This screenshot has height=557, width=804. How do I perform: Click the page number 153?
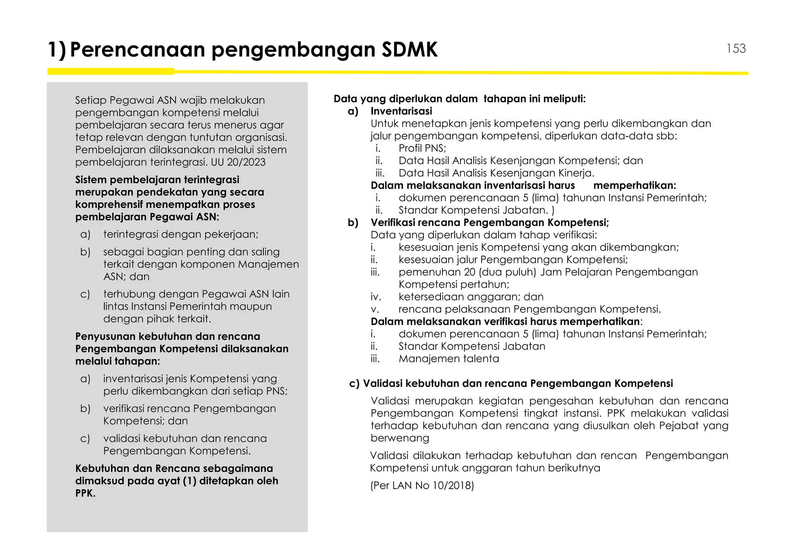coord(736,48)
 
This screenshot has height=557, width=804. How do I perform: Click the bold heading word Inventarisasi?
coord(401,111)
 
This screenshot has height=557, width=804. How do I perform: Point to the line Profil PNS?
coord(422,148)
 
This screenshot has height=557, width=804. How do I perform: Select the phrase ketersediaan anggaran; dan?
coord(471,297)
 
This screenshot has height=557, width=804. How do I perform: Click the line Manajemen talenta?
coord(449,359)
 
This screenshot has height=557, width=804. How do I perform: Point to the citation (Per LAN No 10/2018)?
coord(422,486)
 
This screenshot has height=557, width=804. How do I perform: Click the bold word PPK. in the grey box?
coord(85,493)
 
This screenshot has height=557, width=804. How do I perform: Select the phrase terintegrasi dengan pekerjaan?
coord(181,235)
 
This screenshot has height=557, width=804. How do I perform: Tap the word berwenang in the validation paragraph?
coord(400,438)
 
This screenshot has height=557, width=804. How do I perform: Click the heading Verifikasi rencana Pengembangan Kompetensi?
coord(490,223)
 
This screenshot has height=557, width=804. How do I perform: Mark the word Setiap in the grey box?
coord(91,100)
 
